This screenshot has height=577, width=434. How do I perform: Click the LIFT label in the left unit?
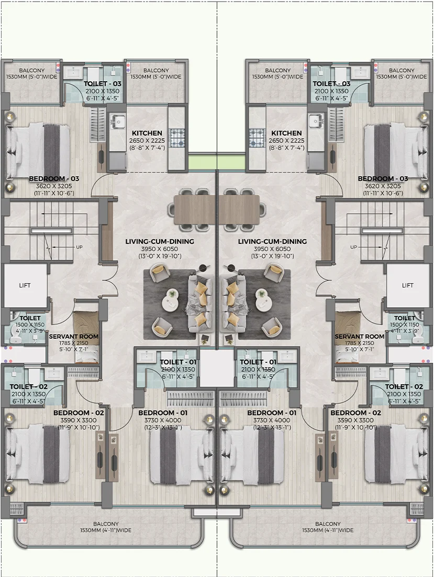(x=25, y=285)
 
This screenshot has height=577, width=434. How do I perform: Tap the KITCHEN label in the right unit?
(x=286, y=134)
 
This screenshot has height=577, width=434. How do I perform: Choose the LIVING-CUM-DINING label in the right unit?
(x=272, y=241)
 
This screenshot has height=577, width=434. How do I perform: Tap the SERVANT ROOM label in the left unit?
(x=74, y=336)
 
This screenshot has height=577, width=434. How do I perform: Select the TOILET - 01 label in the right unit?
(x=258, y=362)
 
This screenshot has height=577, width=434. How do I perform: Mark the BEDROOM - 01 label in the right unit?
(x=272, y=413)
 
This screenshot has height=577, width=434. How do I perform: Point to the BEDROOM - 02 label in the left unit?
(x=79, y=413)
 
